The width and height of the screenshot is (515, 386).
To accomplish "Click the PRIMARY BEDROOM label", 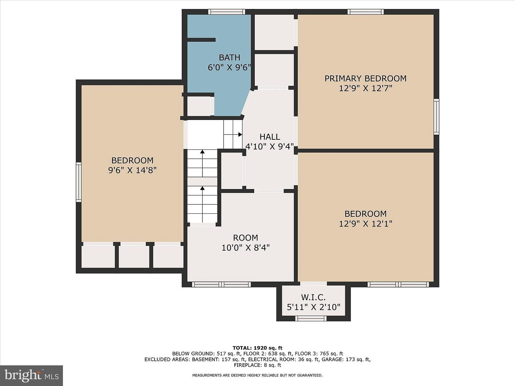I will tap(365, 78).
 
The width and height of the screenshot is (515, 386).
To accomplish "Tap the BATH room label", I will tap(229, 57).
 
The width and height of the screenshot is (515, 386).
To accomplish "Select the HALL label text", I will tap(270, 137).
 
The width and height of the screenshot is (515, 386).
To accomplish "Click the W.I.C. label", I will tap(313, 297).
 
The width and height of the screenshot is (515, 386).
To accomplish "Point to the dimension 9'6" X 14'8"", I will tap(132, 170).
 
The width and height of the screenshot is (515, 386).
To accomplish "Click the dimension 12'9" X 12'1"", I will tap(365, 223).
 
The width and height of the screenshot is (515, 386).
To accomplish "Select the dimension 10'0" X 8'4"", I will tap(245, 248).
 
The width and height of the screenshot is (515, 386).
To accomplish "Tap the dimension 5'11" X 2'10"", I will tap(313, 307).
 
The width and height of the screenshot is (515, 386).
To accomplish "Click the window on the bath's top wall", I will tap(226, 12).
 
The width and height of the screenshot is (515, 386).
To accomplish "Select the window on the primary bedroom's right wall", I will tap(436, 117).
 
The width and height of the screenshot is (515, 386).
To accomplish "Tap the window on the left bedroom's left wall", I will tap(78, 182).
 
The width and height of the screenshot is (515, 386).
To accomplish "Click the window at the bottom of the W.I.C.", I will tap(311, 318).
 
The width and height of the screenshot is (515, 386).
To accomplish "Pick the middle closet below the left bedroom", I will tap(134, 257).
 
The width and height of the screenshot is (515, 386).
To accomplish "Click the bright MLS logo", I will tap(32, 375).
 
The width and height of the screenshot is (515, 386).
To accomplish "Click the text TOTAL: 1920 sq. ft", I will tap(257, 348).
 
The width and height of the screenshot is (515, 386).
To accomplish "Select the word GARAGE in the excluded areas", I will tap(333, 359).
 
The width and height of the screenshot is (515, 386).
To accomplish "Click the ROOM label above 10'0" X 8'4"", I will tap(245, 238).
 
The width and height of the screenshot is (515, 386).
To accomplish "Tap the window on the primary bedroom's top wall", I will tap(365, 12).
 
